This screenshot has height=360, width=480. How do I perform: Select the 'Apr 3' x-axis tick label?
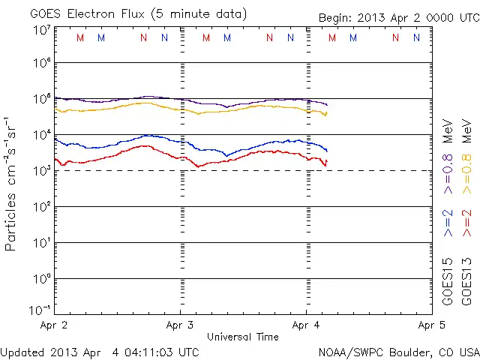pos(180,325)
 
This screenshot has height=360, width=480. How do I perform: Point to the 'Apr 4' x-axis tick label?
pos(306,325)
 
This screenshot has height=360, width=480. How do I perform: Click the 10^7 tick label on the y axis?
pos(40,30)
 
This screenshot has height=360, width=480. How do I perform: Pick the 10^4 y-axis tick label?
pos(40,135)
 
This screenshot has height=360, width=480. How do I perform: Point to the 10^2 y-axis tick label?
pos(40,207)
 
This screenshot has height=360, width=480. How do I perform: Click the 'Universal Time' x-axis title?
pos(242,337)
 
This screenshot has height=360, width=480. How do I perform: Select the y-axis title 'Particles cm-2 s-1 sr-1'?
pos(12,183)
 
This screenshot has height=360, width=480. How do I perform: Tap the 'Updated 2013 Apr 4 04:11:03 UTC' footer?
pos(100,352)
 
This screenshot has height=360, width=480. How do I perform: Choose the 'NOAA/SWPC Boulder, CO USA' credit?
pos(398,352)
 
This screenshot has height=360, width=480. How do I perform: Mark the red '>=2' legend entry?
pos(467,223)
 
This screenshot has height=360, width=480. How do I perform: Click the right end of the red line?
pos(326,161)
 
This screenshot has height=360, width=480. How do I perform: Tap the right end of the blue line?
pos(326,151)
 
